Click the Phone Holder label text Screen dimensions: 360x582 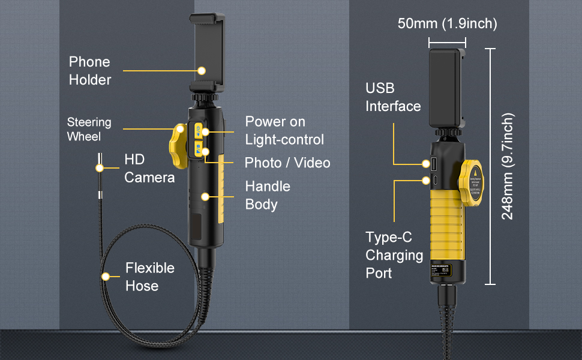(89, 71)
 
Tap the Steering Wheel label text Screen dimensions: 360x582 (89, 130)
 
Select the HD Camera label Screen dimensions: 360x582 (149, 168)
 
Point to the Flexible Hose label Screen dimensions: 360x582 (149, 277)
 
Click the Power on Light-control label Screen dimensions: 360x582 (284, 130)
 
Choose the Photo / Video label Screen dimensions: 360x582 (287, 163)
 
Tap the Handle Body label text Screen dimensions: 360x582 (267, 195)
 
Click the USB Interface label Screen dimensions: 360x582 (393, 97)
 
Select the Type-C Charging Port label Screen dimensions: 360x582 (394, 255)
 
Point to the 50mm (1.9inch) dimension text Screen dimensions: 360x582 (447, 24)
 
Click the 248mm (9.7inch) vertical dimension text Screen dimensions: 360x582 (508, 166)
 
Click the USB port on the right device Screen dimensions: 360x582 (430, 163)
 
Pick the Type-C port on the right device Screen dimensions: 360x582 (430, 179)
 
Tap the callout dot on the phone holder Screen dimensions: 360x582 (202, 71)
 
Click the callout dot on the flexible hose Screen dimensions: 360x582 (106, 277)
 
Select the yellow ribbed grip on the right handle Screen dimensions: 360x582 (445, 225)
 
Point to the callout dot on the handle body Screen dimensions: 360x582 (206, 196)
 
